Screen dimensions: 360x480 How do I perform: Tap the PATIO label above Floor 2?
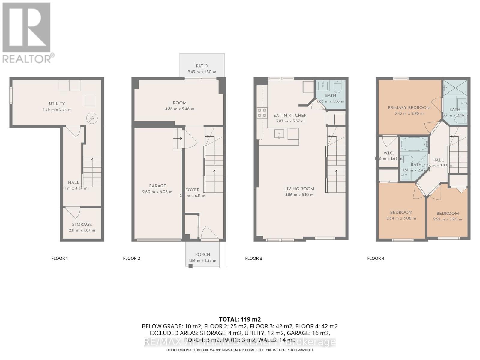pyautogui.click(x=202, y=66)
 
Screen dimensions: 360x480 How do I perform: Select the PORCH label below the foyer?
pyautogui.click(x=202, y=254)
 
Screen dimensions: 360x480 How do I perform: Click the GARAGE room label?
pyautogui.click(x=157, y=186)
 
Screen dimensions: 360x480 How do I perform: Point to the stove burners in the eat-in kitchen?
pyautogui.click(x=262, y=112)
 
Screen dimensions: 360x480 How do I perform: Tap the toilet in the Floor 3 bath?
pyautogui.click(x=337, y=85)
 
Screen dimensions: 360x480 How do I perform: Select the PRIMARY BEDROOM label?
pyautogui.click(x=409, y=107)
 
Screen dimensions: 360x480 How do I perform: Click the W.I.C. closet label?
pyautogui.click(x=388, y=153)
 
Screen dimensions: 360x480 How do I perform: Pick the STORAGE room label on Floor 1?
pyautogui.click(x=82, y=224)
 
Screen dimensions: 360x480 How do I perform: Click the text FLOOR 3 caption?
pyautogui.click(x=253, y=258)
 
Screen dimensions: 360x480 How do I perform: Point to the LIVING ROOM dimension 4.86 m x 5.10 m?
pyautogui.click(x=299, y=195)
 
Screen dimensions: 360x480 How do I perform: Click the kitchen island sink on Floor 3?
pyautogui.click(x=279, y=134)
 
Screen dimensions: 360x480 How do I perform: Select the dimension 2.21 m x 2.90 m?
pyautogui.click(x=448, y=219)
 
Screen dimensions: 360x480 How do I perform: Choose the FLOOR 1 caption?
pyautogui.click(x=60, y=258)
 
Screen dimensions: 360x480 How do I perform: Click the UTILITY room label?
pyautogui.click(x=57, y=103)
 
